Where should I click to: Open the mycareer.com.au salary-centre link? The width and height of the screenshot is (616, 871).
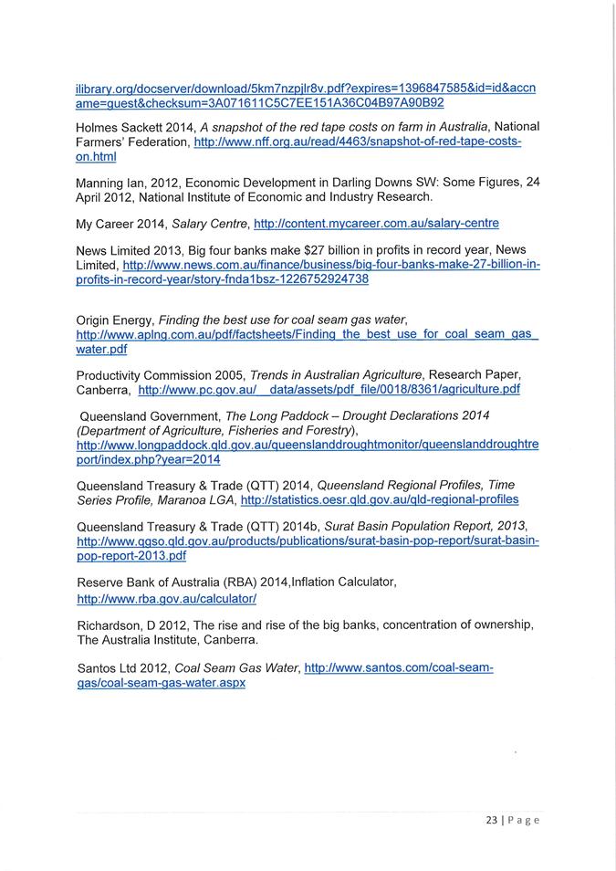pos(376,223)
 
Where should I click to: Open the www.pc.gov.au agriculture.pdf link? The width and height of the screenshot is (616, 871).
pos(329,389)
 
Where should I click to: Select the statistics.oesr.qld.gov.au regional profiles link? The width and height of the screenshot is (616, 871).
pos(379,499)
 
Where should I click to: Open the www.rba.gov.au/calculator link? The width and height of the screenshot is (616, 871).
pos(166,599)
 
